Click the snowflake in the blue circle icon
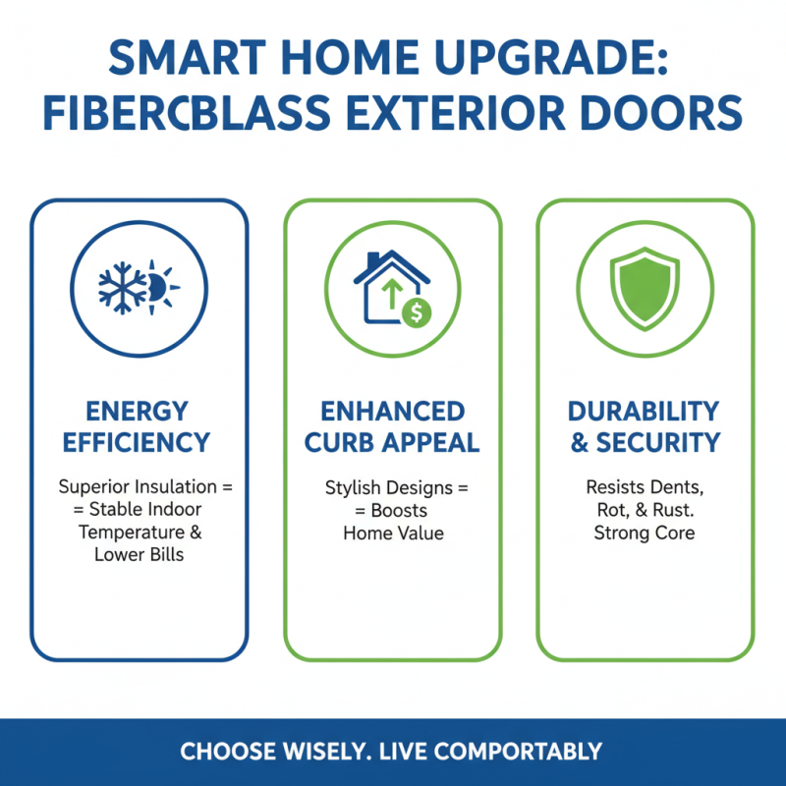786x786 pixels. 123,286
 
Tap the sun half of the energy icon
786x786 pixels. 161,286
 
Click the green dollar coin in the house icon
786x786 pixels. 416,313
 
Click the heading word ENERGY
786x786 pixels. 137,410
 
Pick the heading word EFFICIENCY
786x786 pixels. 137,443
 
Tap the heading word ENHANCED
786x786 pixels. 392,410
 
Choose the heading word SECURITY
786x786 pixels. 659,443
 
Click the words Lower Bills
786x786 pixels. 138,553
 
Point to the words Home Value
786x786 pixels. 393,533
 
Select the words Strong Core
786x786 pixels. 645,533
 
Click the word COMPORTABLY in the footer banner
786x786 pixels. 518,753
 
